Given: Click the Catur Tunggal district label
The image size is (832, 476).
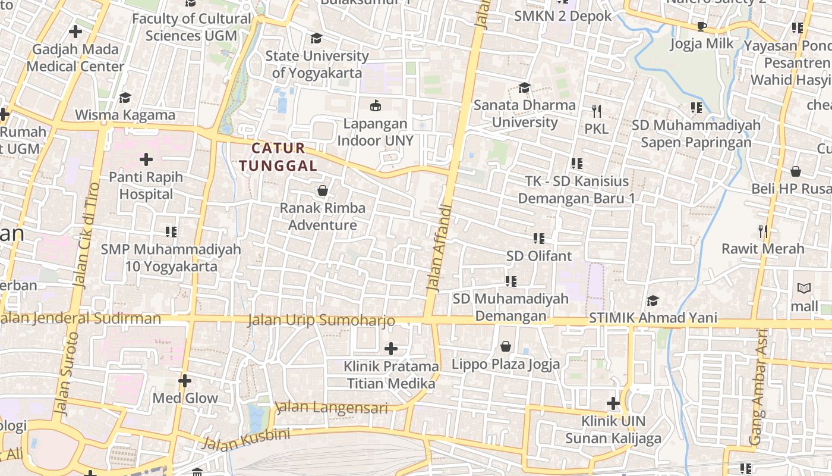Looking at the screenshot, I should pos(279,156).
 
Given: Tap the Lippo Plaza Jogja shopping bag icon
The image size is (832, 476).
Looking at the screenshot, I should pos(506,346).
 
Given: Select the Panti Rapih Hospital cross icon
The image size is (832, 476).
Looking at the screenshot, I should pos(146,159).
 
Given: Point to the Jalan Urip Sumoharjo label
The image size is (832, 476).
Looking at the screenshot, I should pos(321,320).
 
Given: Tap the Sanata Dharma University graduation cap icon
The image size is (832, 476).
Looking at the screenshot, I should pos(524,88).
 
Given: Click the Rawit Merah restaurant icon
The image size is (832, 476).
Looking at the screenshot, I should pos(763,231).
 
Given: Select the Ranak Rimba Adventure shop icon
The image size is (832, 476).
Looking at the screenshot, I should pos(323,190).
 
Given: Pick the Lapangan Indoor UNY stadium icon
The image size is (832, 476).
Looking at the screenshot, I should pos(376,107).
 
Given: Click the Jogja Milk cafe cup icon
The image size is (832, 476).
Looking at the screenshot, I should pos(701,26).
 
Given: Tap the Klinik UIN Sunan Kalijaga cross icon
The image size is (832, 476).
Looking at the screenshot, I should pos(613,404).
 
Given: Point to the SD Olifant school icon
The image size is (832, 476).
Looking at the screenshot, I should pos(539,239).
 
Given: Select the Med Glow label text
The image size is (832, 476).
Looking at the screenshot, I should pos(185,398).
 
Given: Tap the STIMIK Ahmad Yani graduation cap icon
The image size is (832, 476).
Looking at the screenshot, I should pos(653,300).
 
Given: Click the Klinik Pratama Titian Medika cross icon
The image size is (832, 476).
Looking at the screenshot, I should pos(391,348).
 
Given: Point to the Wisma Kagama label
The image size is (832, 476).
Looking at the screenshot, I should pos(125,115).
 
